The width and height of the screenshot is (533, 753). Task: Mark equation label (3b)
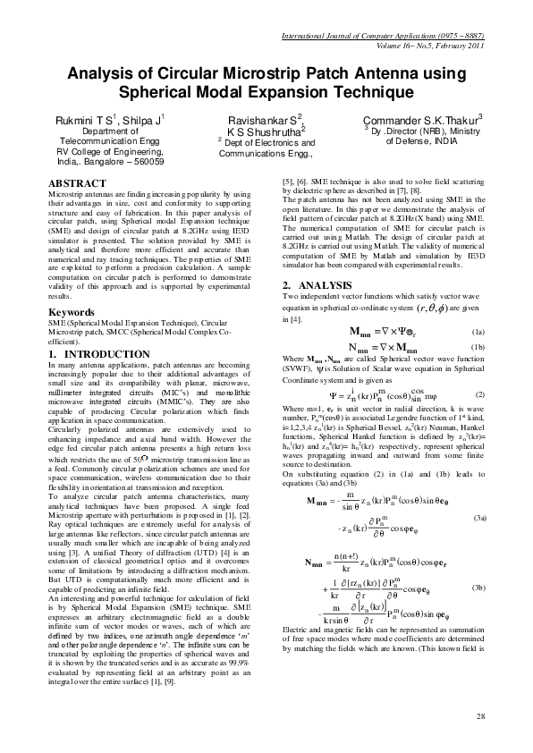pyautogui.click(x=479, y=587)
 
